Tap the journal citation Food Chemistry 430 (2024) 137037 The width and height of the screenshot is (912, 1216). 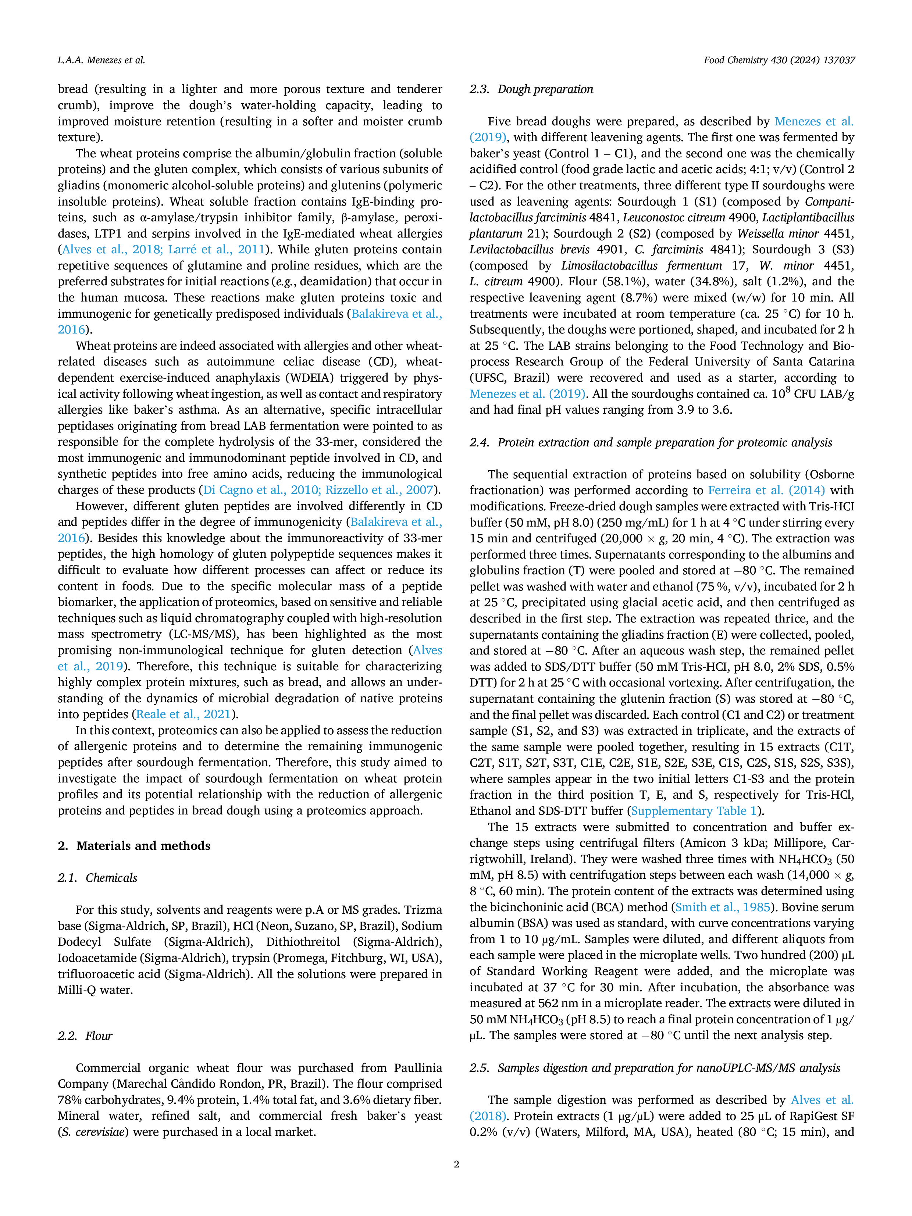coord(780,60)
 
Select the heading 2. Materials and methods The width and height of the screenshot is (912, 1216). coord(134,845)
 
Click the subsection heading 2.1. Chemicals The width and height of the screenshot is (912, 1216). coord(97,877)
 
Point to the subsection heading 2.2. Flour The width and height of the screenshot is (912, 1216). coord(85,1036)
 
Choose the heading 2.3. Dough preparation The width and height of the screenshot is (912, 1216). coord(532,89)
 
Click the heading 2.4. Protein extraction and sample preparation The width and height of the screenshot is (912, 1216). coord(651,442)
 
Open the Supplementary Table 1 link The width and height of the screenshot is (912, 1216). coord(694,811)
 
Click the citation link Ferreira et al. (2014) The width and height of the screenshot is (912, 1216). coord(766,491)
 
